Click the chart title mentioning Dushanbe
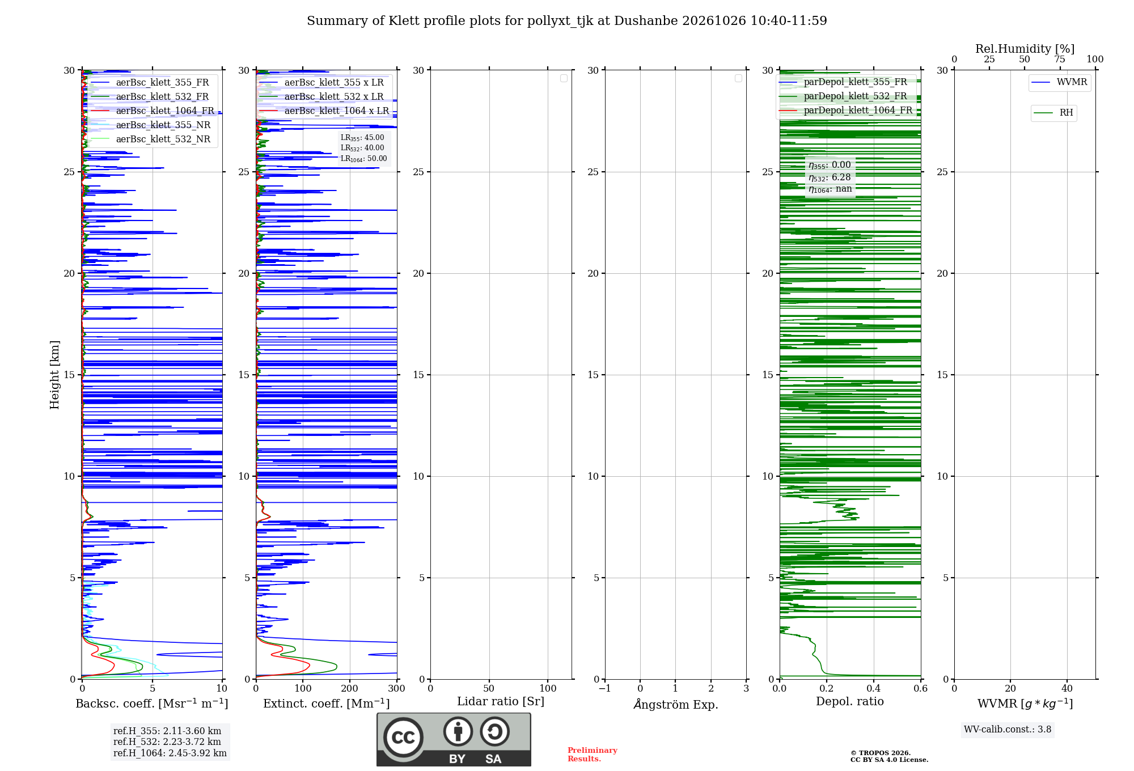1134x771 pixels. point(567,21)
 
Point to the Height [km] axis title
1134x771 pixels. point(54,375)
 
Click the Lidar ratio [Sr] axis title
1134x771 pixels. point(501,702)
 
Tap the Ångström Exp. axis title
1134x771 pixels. point(676,704)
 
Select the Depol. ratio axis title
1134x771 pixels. point(850,702)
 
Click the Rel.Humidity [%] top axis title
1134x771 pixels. point(1025,49)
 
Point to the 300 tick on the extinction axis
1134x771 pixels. point(397,689)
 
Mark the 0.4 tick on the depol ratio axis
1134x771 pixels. point(874,689)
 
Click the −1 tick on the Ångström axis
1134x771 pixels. point(605,689)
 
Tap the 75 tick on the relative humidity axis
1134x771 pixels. point(1060,59)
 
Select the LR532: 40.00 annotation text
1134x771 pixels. point(362,148)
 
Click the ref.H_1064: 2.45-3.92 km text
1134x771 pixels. point(170,753)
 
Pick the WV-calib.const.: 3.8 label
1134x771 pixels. point(1008,730)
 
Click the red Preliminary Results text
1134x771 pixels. point(593,755)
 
